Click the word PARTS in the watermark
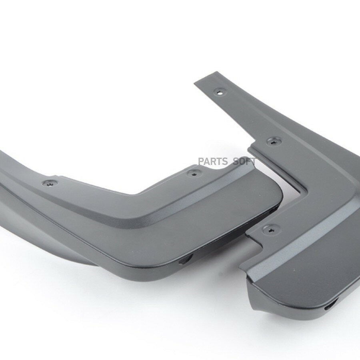(x=213, y=162)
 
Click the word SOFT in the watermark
(x=244, y=162)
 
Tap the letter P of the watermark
(x=201, y=162)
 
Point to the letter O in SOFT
(x=242, y=162)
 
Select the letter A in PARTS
(x=207, y=162)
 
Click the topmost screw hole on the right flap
(x=220, y=92)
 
